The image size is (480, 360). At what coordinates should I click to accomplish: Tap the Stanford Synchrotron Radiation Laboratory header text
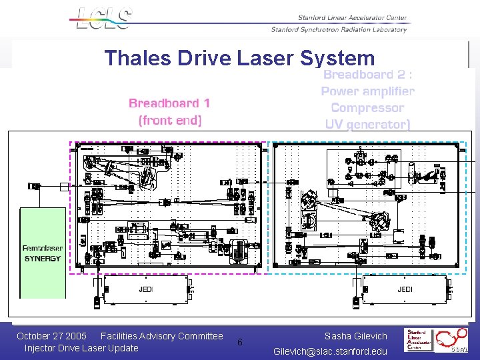[338, 29]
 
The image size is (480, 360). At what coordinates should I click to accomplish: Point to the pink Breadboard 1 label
[169, 103]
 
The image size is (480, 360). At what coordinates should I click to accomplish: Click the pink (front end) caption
[169, 120]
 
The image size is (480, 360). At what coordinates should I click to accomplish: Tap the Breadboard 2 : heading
[367, 75]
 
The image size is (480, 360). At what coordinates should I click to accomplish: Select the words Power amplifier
[367, 91]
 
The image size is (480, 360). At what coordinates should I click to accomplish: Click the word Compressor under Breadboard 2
[367, 107]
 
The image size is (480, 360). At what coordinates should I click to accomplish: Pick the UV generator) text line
[367, 124]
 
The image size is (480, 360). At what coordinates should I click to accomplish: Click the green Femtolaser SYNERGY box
[43, 253]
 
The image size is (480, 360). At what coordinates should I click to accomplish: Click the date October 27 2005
[51, 336]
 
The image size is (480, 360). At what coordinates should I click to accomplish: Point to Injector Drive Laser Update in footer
[81, 348]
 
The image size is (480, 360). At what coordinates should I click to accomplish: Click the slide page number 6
[240, 342]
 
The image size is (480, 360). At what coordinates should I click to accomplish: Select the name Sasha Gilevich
[355, 336]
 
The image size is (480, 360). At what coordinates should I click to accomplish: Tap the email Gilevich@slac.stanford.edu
[330, 351]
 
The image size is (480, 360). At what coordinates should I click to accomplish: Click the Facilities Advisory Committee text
[161, 336]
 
